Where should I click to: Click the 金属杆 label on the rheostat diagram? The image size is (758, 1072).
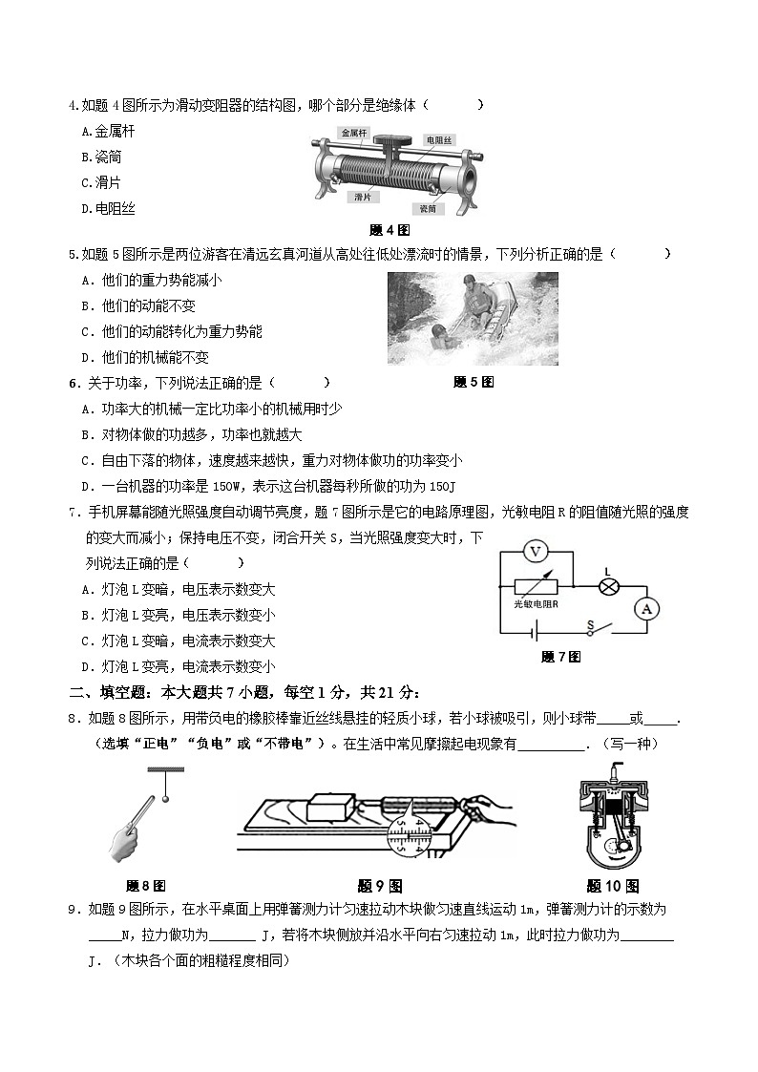point(352,135)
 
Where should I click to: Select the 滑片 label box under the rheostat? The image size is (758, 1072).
point(362,198)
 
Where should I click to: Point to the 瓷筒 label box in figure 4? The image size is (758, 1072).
point(429,207)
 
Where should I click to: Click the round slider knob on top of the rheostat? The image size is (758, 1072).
point(391,142)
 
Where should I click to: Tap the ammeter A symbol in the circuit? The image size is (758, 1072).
point(647,608)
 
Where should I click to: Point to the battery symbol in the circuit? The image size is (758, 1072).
point(537,632)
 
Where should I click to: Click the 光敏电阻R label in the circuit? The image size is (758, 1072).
point(536,604)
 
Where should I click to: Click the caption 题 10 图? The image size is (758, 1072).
point(612,886)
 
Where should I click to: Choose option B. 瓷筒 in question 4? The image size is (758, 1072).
point(101,157)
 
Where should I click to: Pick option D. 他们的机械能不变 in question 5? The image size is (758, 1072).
point(145,357)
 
